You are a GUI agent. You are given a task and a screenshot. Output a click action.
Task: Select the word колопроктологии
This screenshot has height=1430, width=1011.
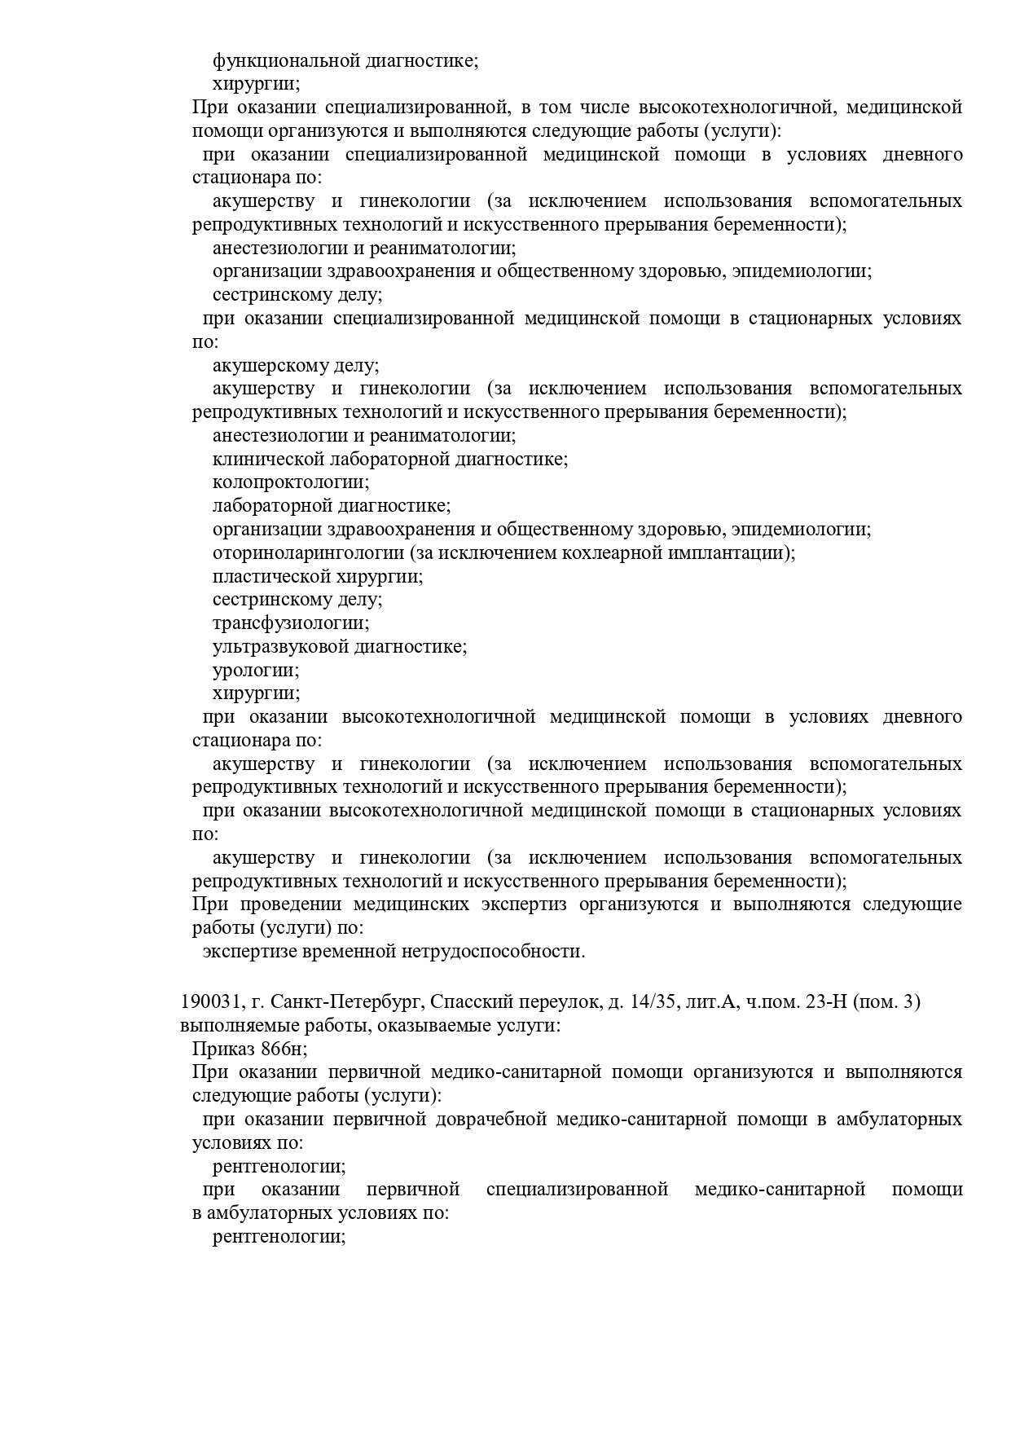point(290,482)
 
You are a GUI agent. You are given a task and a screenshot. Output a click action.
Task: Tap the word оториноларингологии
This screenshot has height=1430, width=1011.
point(308,553)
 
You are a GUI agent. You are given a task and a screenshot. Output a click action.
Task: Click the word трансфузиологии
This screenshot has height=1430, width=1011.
point(290,623)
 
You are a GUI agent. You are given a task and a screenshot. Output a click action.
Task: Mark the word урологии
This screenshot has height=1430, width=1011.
point(255,671)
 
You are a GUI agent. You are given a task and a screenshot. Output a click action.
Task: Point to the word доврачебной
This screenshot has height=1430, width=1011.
point(491,1120)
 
